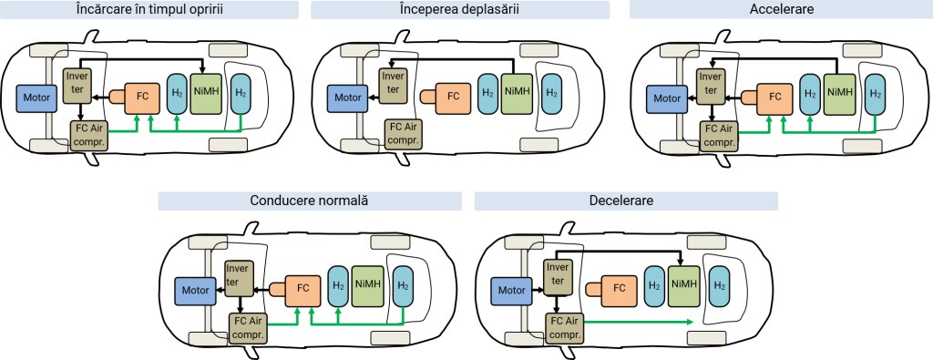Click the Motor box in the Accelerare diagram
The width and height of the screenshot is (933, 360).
coord(666,98)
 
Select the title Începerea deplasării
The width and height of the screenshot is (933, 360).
coord(460,10)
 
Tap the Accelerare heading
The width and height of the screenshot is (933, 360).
coord(781,10)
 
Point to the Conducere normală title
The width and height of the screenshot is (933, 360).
coord(310,201)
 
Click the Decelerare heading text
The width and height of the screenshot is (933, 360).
coord(627,201)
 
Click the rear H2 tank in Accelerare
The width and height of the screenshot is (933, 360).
coord(875,94)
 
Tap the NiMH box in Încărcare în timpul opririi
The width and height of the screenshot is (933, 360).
coord(208,93)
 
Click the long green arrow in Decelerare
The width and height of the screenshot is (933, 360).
coord(638,322)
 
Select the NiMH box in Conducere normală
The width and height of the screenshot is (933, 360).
coord(368,285)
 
